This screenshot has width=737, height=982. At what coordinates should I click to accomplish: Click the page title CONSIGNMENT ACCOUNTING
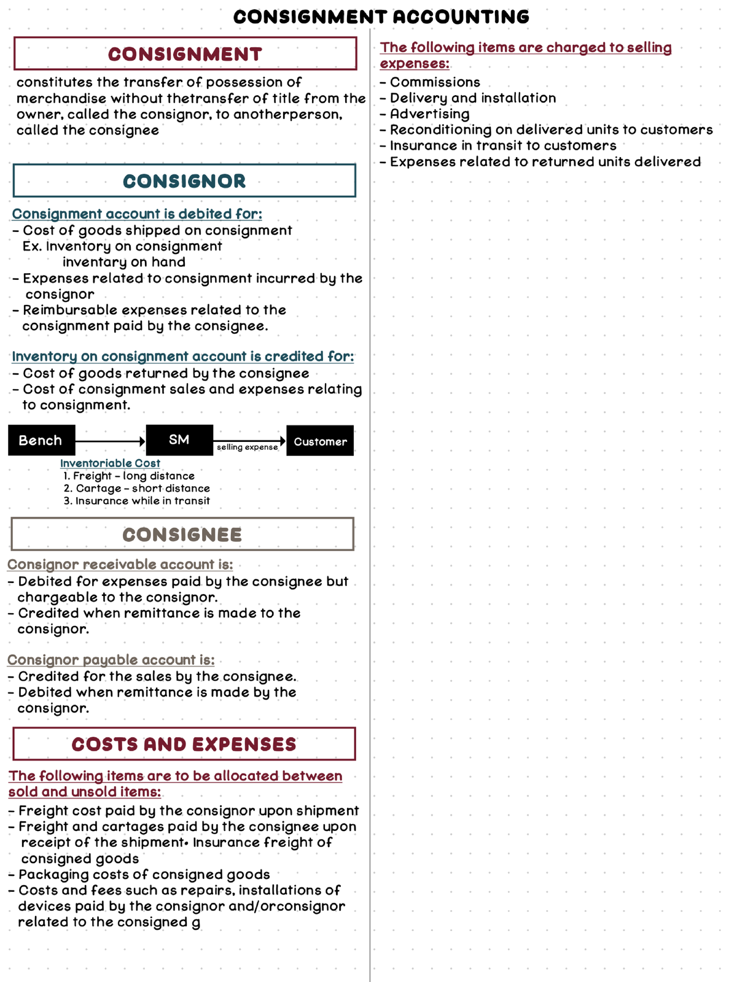(x=381, y=17)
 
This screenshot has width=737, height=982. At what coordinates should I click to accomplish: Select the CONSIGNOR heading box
(x=184, y=181)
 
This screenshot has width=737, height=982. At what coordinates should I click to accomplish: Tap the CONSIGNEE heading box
(x=182, y=535)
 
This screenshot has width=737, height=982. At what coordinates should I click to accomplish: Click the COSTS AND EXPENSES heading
(x=184, y=744)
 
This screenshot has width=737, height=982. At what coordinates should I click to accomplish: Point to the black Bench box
(x=41, y=441)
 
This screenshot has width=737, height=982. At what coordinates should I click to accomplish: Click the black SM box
(x=179, y=440)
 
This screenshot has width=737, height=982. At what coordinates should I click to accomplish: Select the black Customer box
(x=320, y=441)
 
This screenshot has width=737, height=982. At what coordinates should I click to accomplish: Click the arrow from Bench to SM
(x=111, y=441)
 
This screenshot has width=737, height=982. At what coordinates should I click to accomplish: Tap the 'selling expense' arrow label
(x=247, y=447)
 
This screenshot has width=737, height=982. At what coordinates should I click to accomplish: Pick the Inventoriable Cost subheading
(x=110, y=463)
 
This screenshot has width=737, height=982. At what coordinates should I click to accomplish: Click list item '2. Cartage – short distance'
(x=136, y=489)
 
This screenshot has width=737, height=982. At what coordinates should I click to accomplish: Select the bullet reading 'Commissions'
(x=435, y=82)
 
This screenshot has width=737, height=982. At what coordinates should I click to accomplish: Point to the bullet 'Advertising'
(x=429, y=114)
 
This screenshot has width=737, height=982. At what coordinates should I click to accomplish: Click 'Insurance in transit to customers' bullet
(x=502, y=146)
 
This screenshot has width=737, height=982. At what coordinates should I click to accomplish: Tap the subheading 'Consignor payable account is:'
(x=111, y=660)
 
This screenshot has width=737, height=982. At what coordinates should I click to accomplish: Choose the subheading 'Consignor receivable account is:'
(x=120, y=565)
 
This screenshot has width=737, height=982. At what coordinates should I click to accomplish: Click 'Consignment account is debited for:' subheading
(x=137, y=214)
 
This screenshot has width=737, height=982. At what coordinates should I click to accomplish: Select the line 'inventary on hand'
(x=123, y=262)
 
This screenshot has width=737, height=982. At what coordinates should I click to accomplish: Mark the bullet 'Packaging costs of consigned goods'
(x=144, y=875)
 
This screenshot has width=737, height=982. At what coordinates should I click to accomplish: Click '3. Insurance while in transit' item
(x=136, y=501)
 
